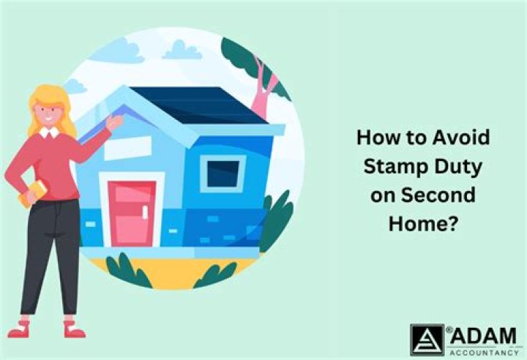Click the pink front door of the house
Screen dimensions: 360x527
(x=132, y=212)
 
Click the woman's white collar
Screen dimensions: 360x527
(x=50, y=132)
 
